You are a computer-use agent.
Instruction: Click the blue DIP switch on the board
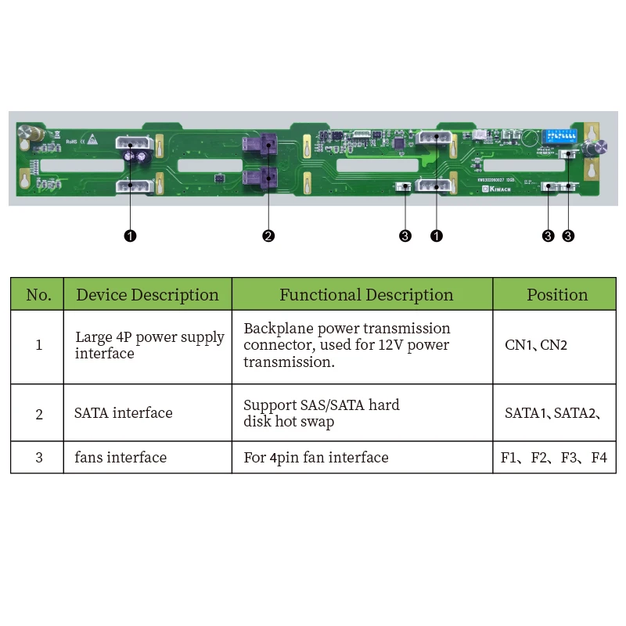pos(559,135)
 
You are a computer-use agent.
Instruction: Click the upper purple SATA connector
pos(261,145)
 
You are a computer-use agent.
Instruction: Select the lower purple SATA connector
pos(261,177)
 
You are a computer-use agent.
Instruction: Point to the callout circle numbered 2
pos(268,236)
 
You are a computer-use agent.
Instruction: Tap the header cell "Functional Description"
pos(366,295)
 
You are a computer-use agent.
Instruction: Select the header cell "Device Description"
pos(147,295)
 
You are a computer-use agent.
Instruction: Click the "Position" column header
pos(556,295)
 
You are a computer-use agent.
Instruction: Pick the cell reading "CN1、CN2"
pos(536,345)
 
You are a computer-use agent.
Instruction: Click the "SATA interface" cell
pos(124,413)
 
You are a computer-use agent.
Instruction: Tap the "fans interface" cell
pos(121,457)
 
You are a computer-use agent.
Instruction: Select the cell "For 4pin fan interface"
pos(316,457)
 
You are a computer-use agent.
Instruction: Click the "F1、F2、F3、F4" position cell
pos(554,457)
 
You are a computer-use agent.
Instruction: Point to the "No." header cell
pos(38,295)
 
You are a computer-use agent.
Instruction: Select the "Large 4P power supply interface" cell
pos(149,345)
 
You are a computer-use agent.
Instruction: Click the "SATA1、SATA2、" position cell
pos(552,413)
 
